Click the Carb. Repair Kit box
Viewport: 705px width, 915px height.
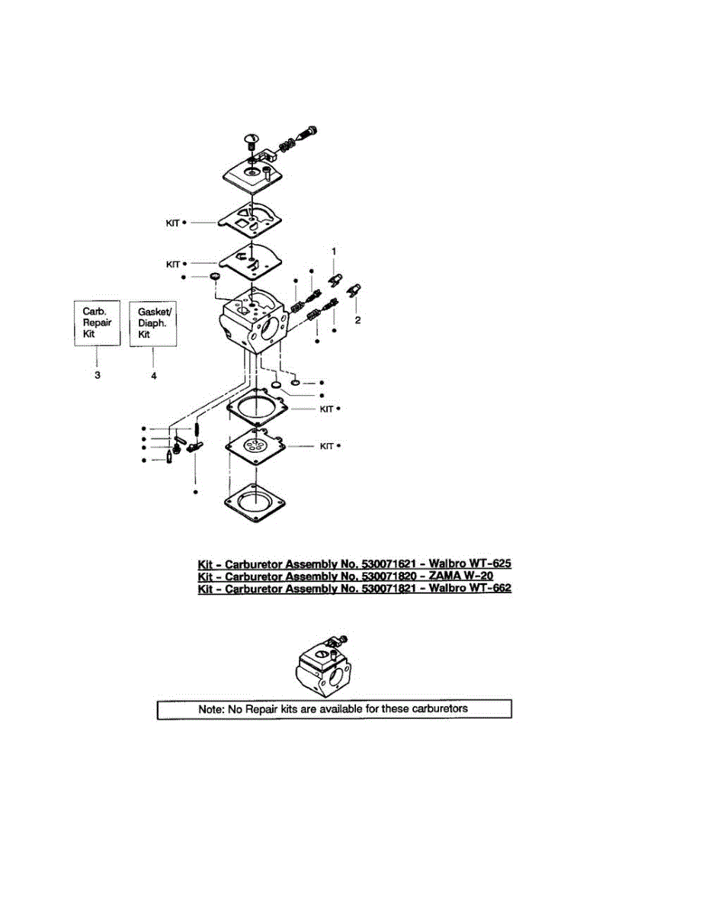[x=98, y=323]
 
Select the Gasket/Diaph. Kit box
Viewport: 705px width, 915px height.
[x=152, y=323]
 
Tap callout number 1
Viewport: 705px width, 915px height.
[x=332, y=251]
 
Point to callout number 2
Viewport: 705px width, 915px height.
[x=357, y=320]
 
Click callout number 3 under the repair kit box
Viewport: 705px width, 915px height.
[x=98, y=374]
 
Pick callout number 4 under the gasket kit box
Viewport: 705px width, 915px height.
[x=153, y=374]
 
